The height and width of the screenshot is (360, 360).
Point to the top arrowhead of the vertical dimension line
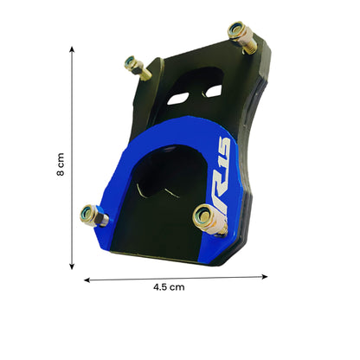72,50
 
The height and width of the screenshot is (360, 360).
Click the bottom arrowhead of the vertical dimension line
72,269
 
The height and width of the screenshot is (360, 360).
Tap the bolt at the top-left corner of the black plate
135,66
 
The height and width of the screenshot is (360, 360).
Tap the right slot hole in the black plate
214,87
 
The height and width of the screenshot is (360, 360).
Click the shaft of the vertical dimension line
72,160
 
